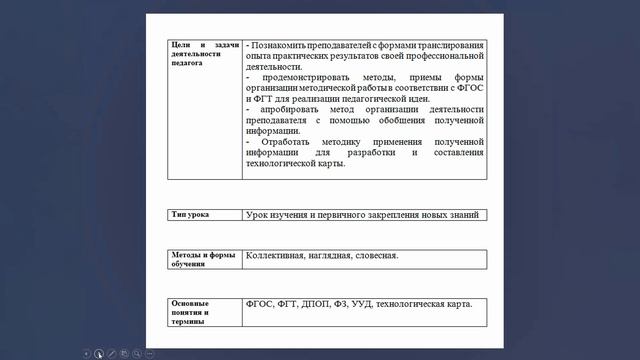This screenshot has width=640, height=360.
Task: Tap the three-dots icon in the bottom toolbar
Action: (x=150, y=353)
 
